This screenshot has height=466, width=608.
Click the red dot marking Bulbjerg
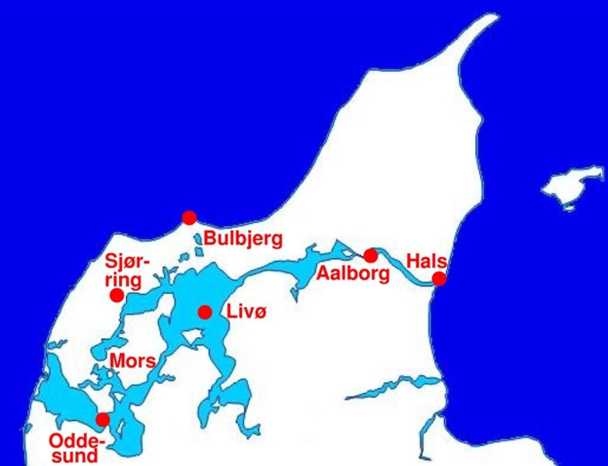coord(189,217)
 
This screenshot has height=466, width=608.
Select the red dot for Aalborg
coord(370,256)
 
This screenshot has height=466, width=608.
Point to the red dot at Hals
coord(439,279)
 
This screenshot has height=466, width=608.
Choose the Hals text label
coord(426,261)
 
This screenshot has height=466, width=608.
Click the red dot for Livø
coord(204,312)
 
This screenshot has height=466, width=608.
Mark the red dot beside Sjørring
coord(117,295)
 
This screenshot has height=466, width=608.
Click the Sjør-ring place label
coord(128,270)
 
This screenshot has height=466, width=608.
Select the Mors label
coord(132,361)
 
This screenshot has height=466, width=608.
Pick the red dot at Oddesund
coord(102,420)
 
